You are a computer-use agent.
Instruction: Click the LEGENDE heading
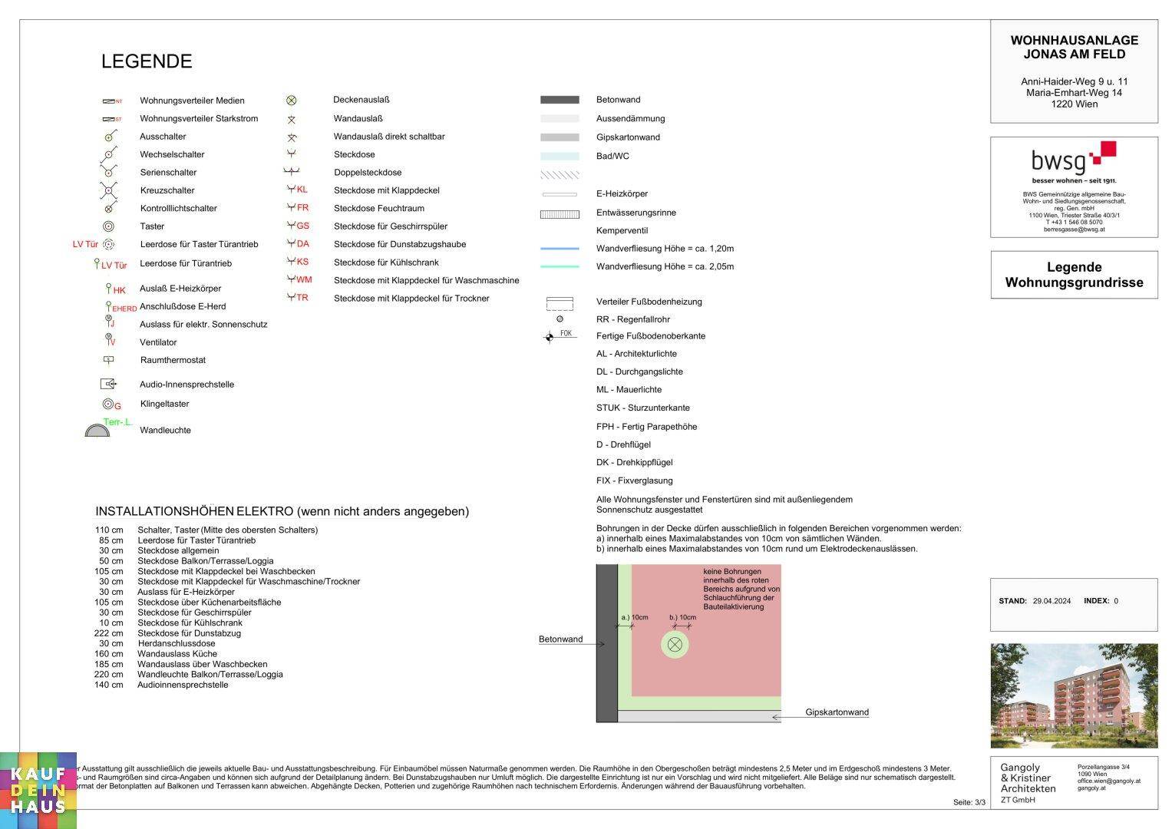(147, 61)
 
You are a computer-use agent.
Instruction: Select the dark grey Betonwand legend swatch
(560, 100)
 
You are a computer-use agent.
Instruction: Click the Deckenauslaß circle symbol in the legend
(292, 101)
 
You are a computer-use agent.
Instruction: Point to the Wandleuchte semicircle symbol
(97, 431)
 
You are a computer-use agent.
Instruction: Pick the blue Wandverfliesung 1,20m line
(560, 249)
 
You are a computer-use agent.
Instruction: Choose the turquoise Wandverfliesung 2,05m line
(560, 266)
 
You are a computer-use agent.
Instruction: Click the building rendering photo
(1074, 695)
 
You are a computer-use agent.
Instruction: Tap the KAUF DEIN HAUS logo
(38, 791)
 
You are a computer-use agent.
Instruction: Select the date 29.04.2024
(1051, 601)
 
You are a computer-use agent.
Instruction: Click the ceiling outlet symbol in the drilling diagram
(675, 644)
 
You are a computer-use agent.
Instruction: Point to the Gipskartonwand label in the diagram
(837, 712)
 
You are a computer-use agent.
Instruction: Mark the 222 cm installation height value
(108, 633)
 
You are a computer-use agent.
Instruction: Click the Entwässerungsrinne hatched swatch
(560, 214)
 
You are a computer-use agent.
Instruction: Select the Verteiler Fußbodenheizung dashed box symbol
(560, 303)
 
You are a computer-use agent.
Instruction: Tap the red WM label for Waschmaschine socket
(304, 280)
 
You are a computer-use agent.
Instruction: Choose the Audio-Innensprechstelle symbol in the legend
(108, 384)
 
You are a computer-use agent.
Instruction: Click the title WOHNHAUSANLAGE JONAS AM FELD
(1074, 48)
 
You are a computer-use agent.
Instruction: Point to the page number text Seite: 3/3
(969, 802)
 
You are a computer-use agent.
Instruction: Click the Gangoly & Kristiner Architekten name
(1028, 778)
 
